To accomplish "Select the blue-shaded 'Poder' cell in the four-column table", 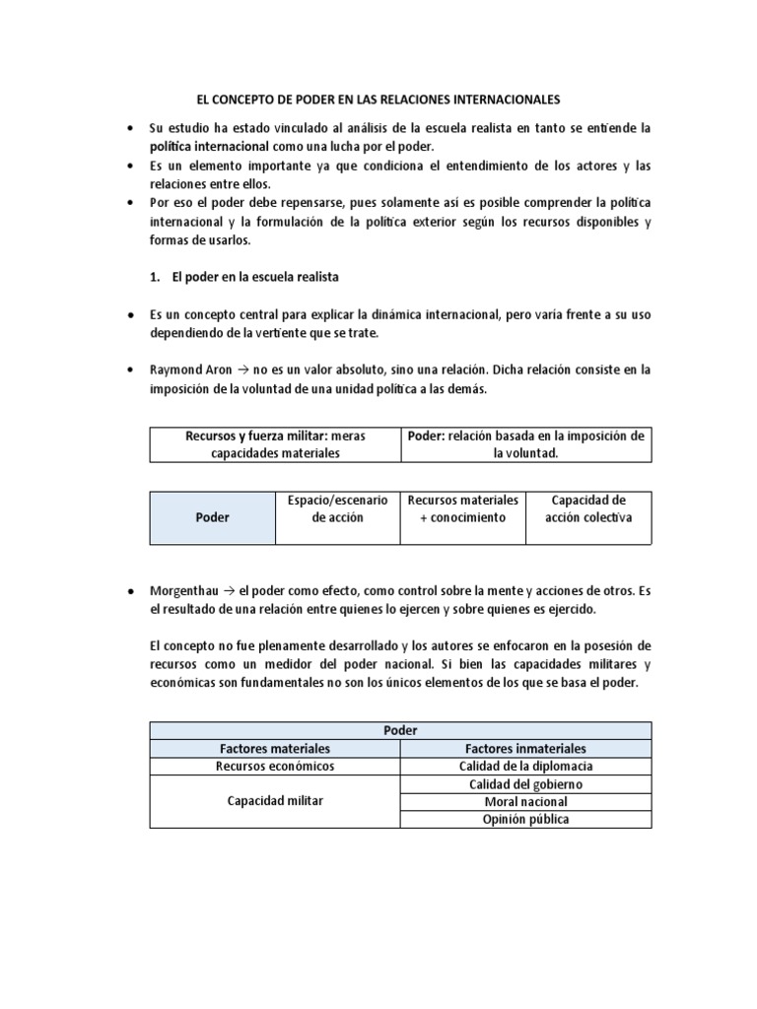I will [x=212, y=517].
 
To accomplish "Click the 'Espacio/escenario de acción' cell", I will [x=337, y=508].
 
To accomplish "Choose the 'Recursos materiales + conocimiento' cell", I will [x=462, y=508].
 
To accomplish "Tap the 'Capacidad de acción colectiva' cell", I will [x=588, y=508].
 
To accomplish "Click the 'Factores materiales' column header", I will [x=275, y=748].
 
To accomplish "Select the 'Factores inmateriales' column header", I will [x=525, y=748].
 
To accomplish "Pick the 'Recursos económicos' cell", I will [x=275, y=766].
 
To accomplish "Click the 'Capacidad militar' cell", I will [x=275, y=801].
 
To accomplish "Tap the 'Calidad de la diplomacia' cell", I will [x=525, y=766].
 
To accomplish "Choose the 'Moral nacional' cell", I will [x=525, y=801].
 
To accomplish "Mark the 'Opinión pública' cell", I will [x=525, y=819].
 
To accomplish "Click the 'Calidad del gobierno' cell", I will [x=525, y=783].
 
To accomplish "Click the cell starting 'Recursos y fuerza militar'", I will [x=275, y=444].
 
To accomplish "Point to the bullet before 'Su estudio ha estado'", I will [x=131, y=129].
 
